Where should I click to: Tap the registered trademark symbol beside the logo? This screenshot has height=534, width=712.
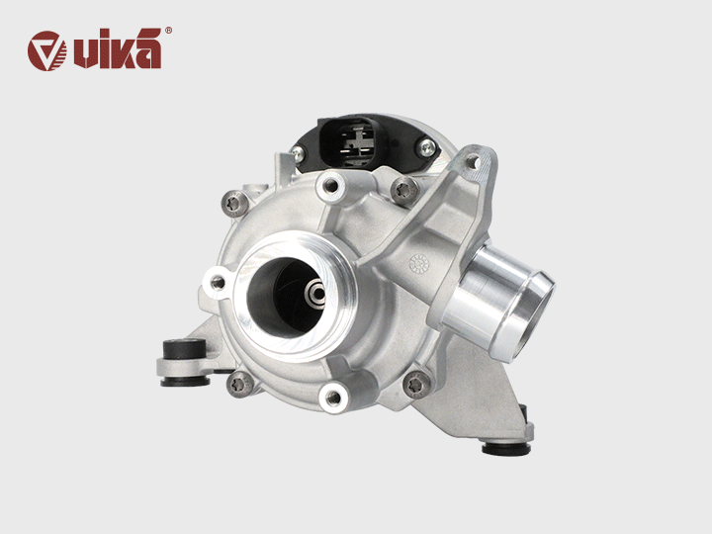[168, 32]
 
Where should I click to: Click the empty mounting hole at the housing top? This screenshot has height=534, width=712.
[328, 181]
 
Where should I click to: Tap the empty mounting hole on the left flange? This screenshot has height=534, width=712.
[217, 283]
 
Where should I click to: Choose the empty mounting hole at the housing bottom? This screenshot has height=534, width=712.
[333, 399]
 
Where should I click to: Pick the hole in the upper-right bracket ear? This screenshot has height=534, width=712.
[475, 161]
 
